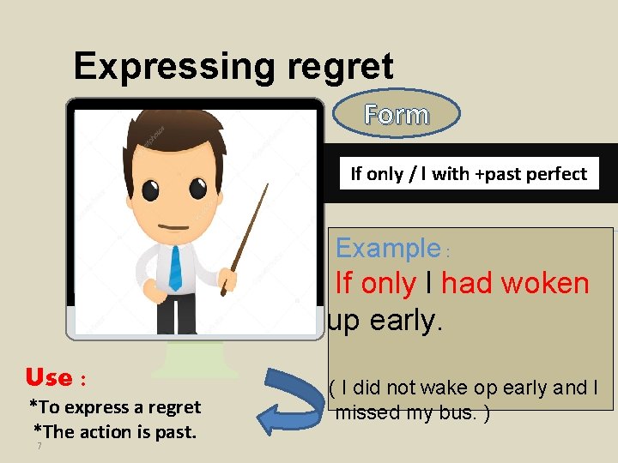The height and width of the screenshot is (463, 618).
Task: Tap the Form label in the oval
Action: click(x=396, y=114)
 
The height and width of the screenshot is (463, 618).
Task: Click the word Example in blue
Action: click(x=387, y=248)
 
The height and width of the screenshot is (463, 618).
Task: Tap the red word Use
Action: click(x=49, y=377)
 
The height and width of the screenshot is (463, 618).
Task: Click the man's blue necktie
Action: click(x=176, y=268)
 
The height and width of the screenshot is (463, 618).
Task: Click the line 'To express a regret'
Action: click(x=115, y=407)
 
